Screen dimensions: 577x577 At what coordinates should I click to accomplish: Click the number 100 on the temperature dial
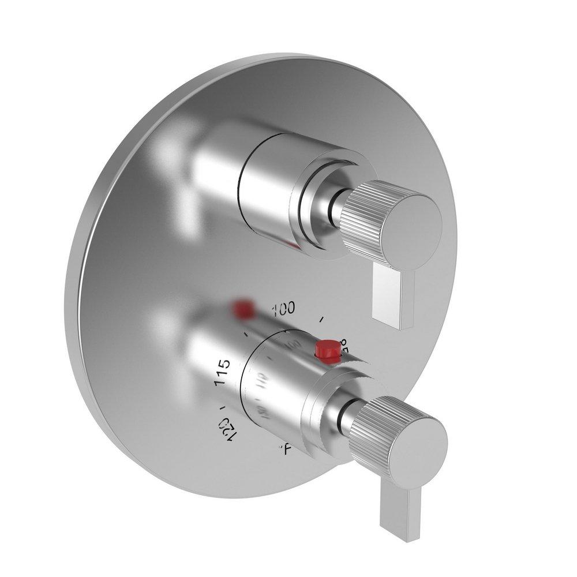pos(283,309)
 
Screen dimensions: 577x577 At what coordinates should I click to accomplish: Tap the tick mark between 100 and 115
pos(246,334)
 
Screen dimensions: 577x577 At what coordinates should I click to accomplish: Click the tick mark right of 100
pos(321,318)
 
